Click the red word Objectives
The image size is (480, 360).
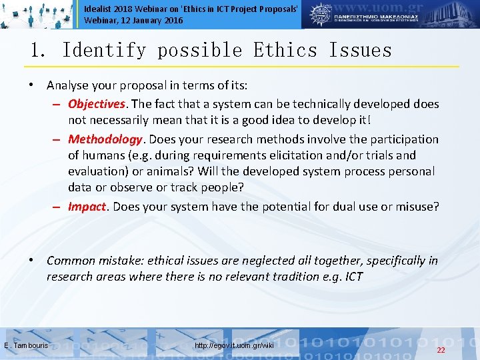[97, 104]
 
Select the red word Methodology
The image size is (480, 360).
[105, 139]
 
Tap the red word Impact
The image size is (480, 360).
[87, 207]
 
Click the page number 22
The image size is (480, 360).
[441, 350]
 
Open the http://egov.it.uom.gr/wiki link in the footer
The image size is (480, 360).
[234, 345]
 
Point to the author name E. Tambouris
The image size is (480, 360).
[25, 345]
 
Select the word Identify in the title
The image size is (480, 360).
[103, 51]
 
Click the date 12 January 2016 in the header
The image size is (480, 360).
[149, 21]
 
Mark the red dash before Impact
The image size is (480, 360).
[59, 207]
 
